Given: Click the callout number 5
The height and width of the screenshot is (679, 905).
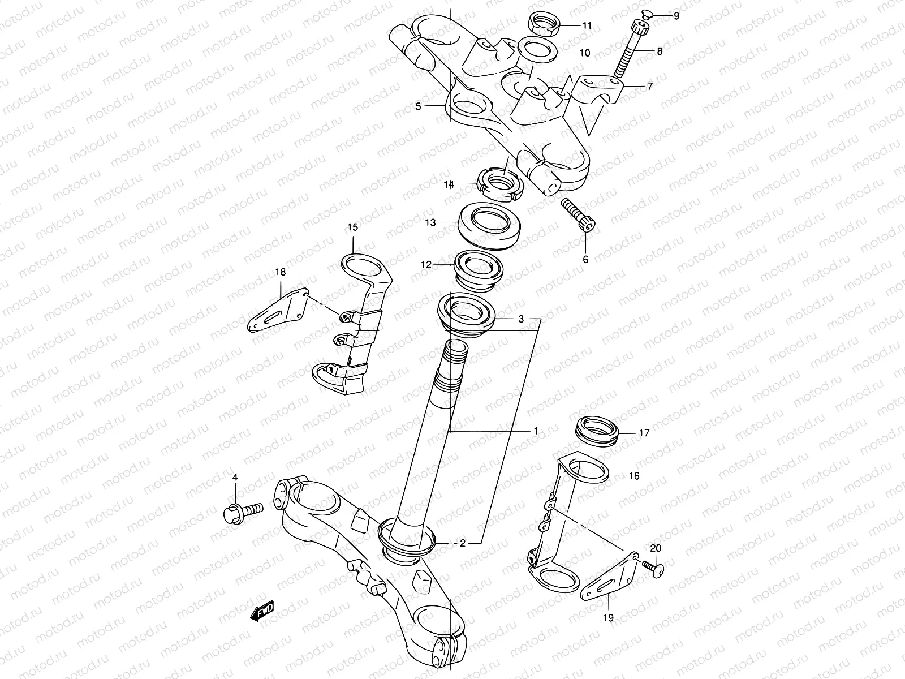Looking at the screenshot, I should coord(418,106).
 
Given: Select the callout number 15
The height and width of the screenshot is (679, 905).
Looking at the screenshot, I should coord(352,228).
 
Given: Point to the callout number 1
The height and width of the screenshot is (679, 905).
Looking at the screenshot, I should coord(535,431).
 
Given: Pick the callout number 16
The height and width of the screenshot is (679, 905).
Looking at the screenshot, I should coord(634,476).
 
